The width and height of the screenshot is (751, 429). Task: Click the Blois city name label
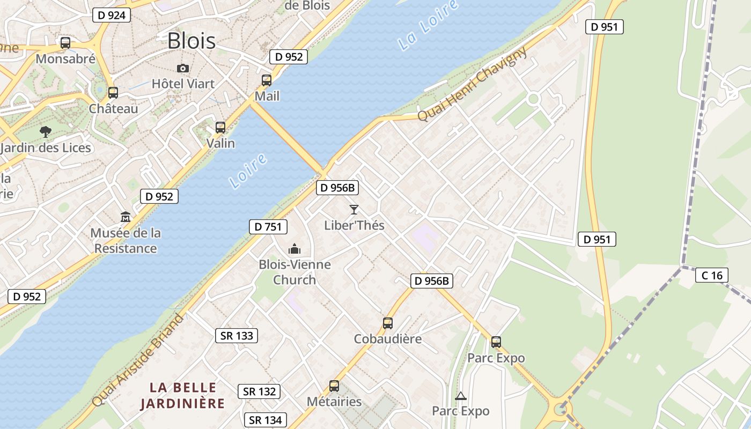point(192,41)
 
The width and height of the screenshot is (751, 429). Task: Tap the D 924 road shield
point(112,15)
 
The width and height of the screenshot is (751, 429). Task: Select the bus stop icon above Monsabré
point(65,43)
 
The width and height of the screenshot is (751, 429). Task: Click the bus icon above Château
point(113,93)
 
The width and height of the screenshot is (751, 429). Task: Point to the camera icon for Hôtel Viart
point(183,68)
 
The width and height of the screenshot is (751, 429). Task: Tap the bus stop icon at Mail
point(267,80)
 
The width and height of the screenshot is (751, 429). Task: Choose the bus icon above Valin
point(220,128)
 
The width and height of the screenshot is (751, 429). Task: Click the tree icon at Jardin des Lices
point(46,131)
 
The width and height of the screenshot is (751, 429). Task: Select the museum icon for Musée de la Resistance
point(126,217)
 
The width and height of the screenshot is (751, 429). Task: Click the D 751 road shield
point(268,227)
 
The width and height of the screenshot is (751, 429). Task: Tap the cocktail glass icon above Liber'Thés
point(354,210)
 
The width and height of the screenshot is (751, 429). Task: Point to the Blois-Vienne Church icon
point(294,249)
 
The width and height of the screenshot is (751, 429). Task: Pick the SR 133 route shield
point(237,336)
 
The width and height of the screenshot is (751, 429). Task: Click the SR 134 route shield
point(266,420)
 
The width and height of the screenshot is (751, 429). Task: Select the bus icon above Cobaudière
point(388,323)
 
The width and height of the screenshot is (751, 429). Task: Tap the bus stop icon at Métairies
point(334,386)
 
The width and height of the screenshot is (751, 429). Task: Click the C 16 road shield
point(712,276)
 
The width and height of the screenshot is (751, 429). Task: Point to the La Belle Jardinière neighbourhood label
point(183,395)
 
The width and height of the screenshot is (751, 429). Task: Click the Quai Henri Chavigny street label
point(472,85)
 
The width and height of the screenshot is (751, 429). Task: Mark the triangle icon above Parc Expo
point(460,396)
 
